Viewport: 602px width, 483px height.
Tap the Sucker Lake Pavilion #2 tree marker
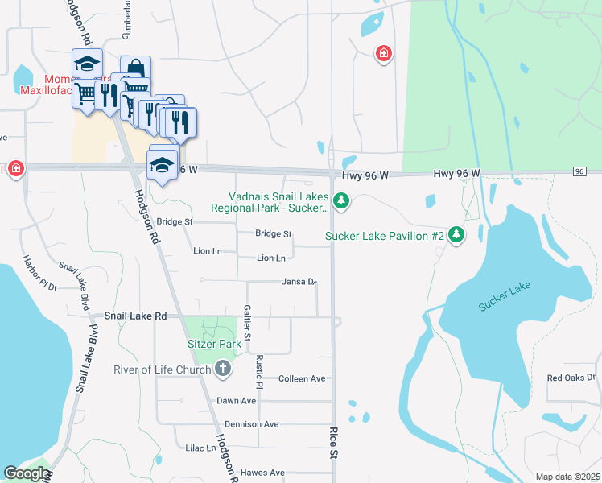point(457,234)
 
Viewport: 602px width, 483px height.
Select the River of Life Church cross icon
point(223,369)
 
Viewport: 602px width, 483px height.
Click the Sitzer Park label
point(214,344)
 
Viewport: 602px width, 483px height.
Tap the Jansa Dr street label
point(299,282)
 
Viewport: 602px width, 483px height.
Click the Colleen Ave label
point(301,378)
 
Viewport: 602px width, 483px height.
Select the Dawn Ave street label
point(236,401)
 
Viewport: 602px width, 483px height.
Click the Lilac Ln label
point(201,448)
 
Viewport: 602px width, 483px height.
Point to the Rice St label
point(333,444)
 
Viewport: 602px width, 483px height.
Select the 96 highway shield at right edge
point(579,171)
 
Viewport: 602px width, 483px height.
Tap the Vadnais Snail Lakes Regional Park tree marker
point(341,200)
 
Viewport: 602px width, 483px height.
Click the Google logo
point(26,473)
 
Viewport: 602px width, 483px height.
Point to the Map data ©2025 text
point(567,477)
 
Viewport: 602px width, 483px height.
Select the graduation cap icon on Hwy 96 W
point(163,165)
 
